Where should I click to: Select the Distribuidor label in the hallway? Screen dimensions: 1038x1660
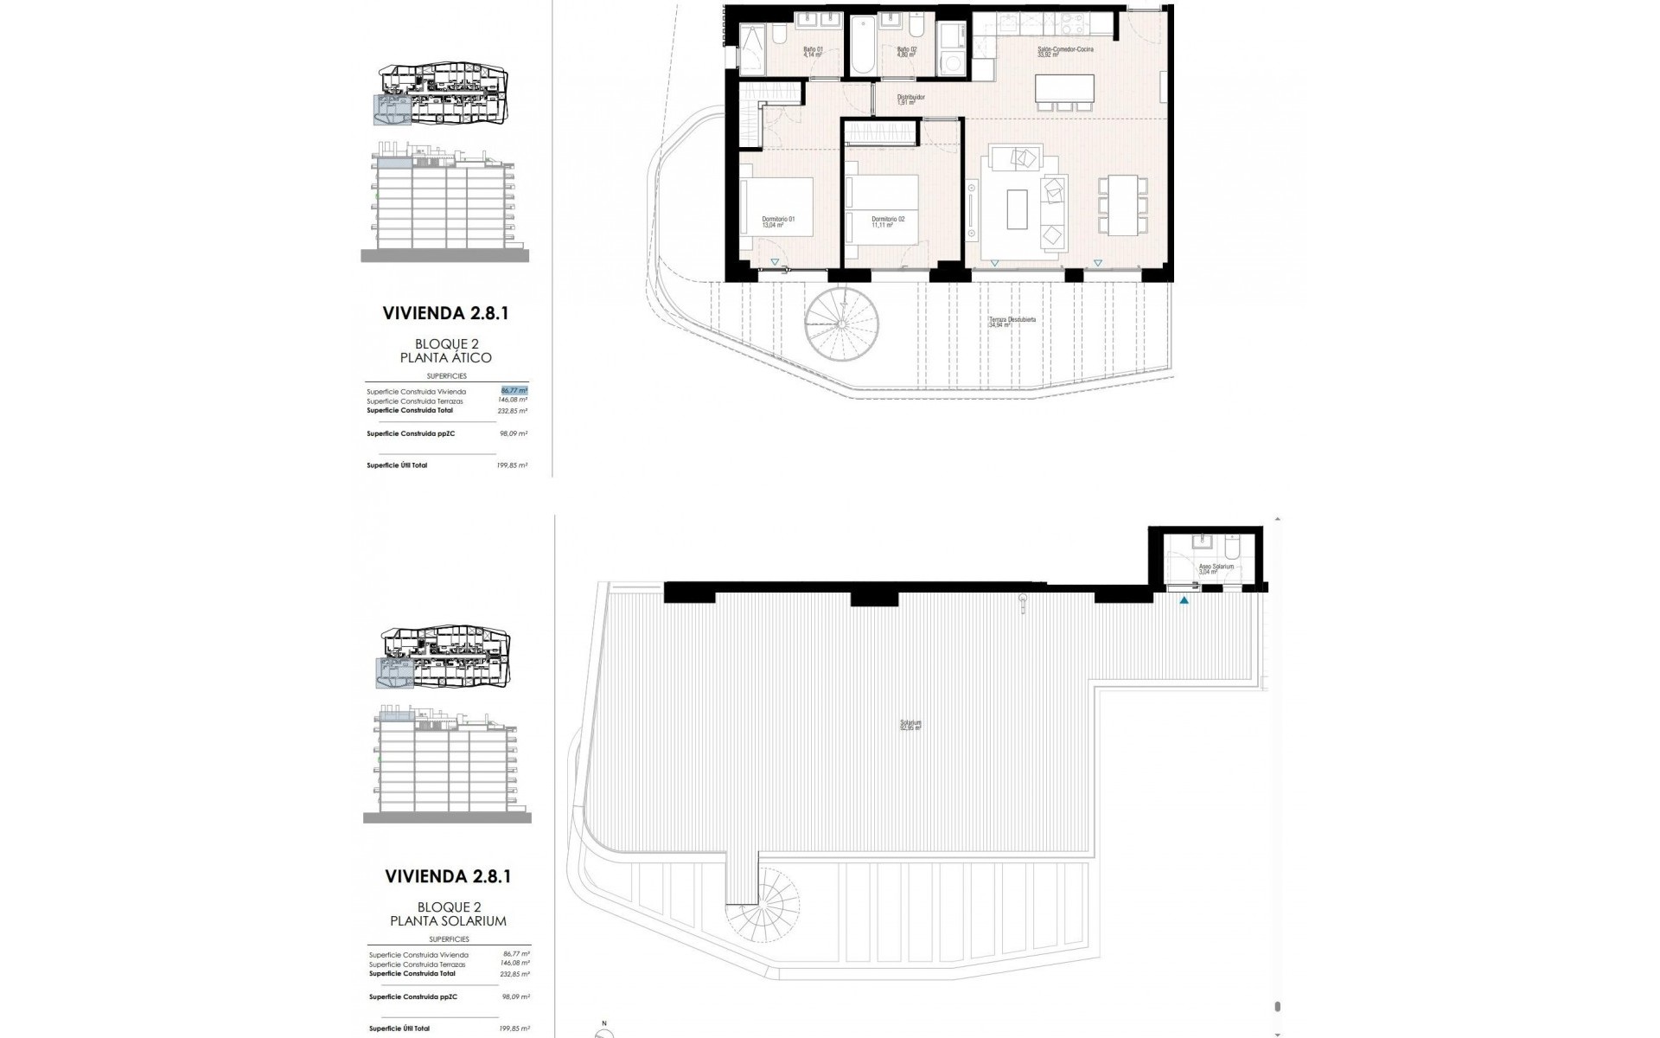pyautogui.click(x=910, y=99)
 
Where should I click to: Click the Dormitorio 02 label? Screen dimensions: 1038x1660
pyautogui.click(x=888, y=221)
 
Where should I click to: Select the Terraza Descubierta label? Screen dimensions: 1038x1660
pyautogui.click(x=1012, y=322)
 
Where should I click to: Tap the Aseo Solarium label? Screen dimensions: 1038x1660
pyautogui.click(x=1216, y=569)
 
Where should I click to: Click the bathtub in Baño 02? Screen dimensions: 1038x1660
pyautogui.click(x=863, y=44)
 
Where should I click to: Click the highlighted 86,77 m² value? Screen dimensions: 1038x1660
pyautogui.click(x=514, y=391)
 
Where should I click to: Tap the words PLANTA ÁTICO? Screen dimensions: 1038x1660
pyautogui.click(x=445, y=358)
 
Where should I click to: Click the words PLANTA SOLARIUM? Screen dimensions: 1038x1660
pyautogui.click(x=448, y=921)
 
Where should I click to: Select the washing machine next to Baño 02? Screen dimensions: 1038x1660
pyautogui.click(x=954, y=61)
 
